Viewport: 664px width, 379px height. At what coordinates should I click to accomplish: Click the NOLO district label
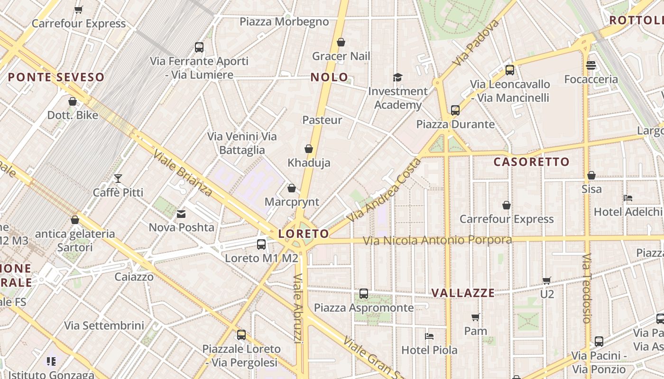click(x=329, y=77)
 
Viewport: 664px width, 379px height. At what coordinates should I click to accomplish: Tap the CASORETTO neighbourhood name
click(x=531, y=162)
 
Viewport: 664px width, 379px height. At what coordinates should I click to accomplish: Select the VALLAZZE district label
click(x=463, y=293)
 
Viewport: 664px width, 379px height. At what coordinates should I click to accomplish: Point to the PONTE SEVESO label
click(x=56, y=77)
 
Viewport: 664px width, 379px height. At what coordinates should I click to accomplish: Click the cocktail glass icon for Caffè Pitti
click(x=118, y=179)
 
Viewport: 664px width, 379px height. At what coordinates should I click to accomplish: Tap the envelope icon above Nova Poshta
click(x=181, y=214)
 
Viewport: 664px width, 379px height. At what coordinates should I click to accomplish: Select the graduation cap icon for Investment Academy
click(x=397, y=77)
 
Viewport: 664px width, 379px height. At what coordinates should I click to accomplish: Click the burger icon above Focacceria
click(x=590, y=65)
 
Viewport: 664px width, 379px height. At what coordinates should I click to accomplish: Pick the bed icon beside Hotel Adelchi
click(x=628, y=198)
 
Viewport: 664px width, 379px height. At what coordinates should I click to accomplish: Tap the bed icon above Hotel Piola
click(x=429, y=336)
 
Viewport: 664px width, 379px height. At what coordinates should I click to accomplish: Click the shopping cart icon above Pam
click(x=476, y=317)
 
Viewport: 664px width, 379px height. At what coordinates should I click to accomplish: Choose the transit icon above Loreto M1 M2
click(x=261, y=244)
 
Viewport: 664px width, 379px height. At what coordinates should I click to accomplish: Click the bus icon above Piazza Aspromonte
click(x=364, y=294)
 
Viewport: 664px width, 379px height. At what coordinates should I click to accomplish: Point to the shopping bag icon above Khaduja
click(x=309, y=149)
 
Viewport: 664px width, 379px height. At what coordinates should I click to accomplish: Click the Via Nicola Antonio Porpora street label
click(x=437, y=240)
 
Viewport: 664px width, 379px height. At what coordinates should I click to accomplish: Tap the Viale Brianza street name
click(x=183, y=173)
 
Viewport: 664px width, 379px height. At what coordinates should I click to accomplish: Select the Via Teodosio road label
click(x=587, y=289)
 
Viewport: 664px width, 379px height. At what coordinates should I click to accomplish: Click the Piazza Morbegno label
click(x=284, y=22)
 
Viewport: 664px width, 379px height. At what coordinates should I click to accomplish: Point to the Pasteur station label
click(x=322, y=120)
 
